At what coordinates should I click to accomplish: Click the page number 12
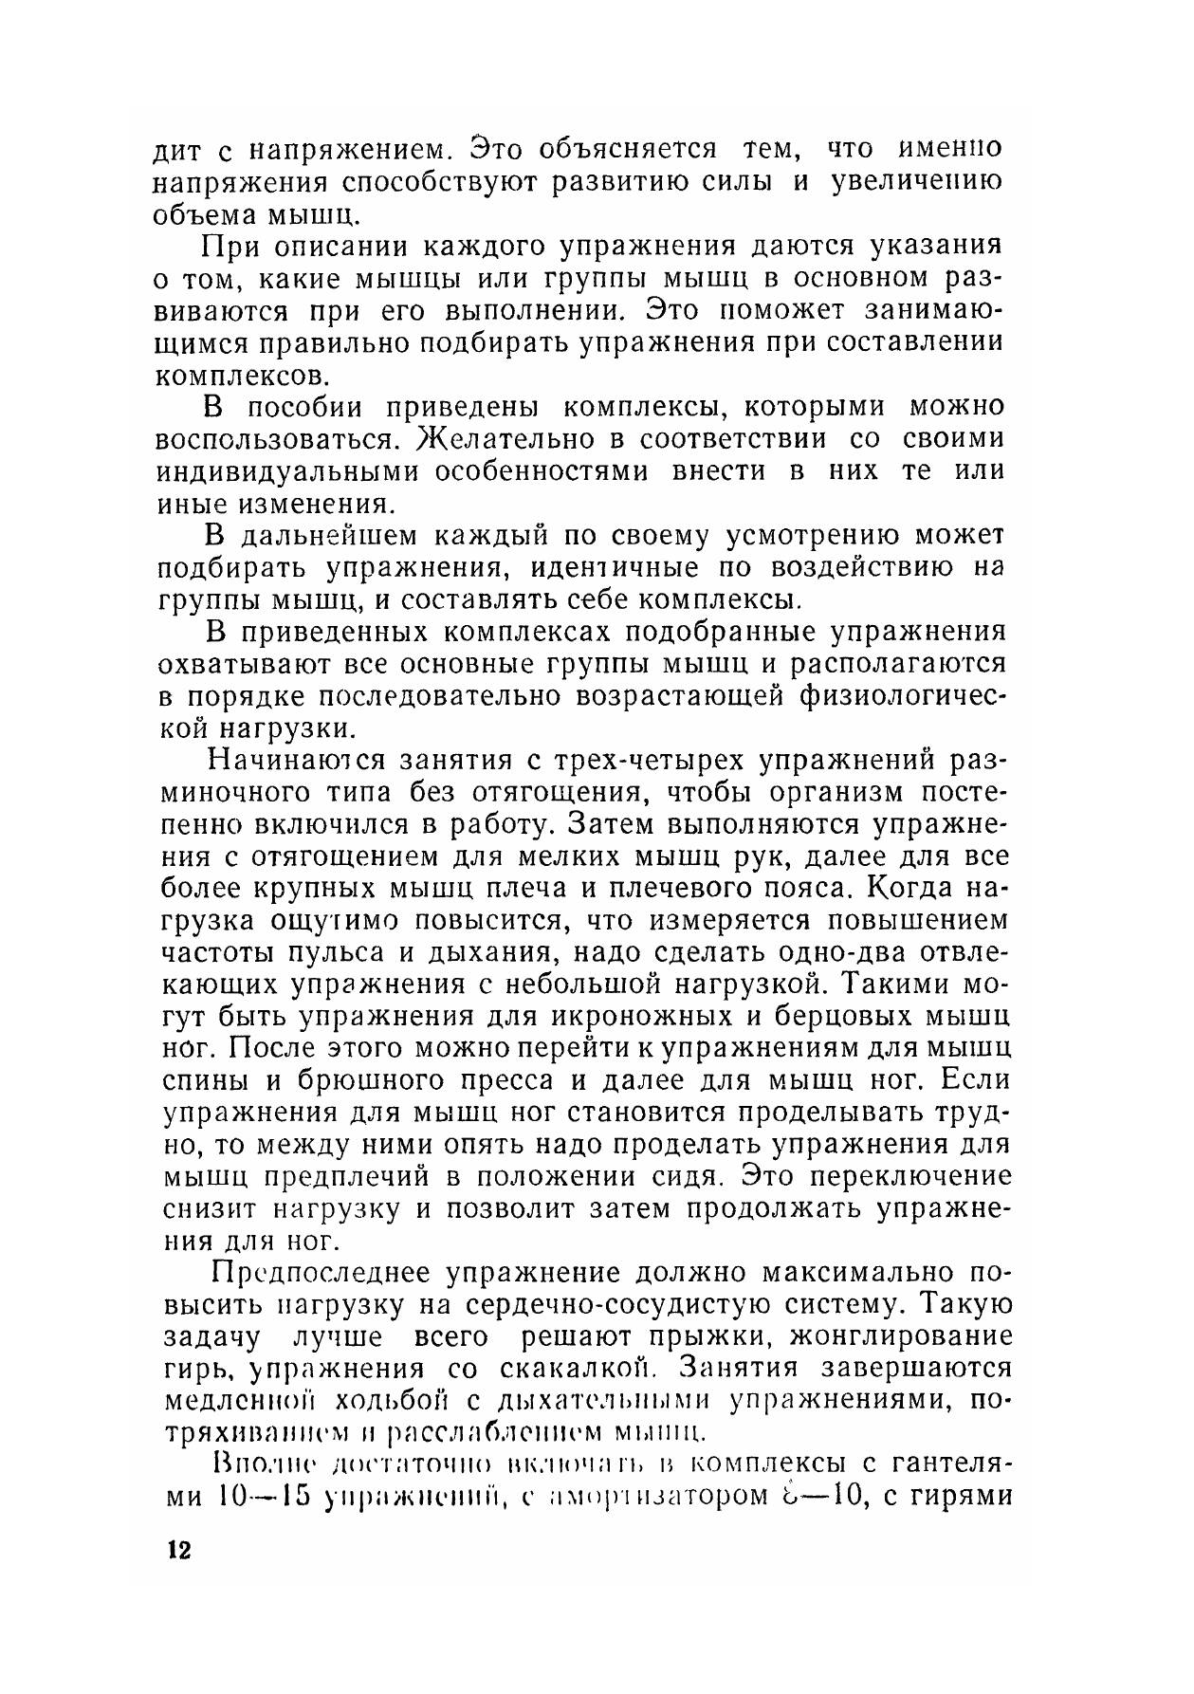[x=178, y=1550]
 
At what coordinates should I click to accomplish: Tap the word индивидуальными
[x=288, y=471]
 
